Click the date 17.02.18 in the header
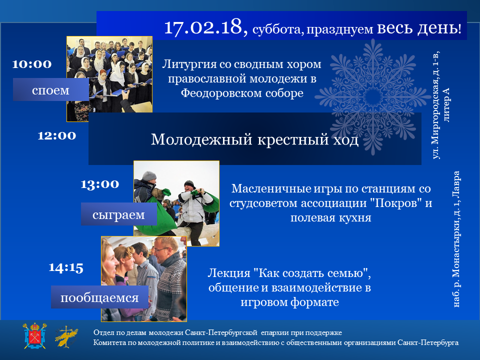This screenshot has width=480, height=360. pyautogui.click(x=205, y=27)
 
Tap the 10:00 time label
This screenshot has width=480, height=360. pyautogui.click(x=32, y=64)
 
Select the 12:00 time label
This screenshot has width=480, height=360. pyautogui.click(x=57, y=135)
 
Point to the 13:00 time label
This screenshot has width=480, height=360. pyautogui.click(x=100, y=184)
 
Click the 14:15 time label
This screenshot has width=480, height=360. pyautogui.click(x=66, y=267)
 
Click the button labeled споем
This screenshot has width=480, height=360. pyautogui.click(x=51, y=89)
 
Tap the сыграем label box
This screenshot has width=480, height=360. pyautogui.click(x=119, y=214)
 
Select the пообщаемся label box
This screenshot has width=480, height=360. pyautogui.click(x=99, y=297)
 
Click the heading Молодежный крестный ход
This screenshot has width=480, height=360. pyautogui.click(x=254, y=139)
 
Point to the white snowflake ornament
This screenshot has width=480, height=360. pyautogui.click(x=373, y=97)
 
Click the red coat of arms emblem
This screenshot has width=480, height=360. pyautogui.click(x=34, y=336)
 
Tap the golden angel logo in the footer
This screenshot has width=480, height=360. pyautogui.click(x=66, y=336)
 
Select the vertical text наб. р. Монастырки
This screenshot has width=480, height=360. pyautogui.click(x=456, y=239)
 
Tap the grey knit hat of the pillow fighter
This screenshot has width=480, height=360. pyautogui.click(x=149, y=175)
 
